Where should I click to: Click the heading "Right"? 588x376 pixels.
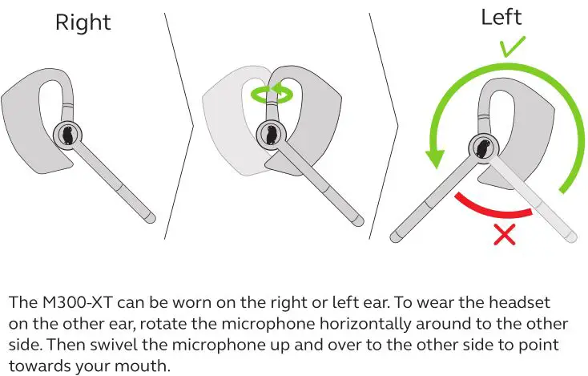tap(83, 22)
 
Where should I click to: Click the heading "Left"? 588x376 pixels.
tap(501, 17)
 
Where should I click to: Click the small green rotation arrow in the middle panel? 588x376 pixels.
tap(269, 93)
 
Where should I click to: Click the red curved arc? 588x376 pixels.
tap(493, 207)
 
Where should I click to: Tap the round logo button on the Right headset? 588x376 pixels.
tap(67, 135)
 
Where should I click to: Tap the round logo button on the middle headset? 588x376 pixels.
tap(270, 135)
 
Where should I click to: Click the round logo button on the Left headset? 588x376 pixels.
tap(483, 146)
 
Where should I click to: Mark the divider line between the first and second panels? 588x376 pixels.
tap(179, 120)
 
